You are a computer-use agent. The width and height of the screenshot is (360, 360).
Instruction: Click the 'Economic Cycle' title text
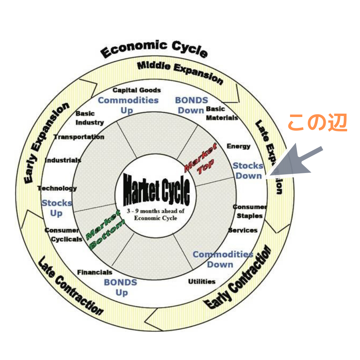(154, 49)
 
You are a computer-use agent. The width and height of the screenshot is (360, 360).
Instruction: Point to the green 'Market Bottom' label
(104, 230)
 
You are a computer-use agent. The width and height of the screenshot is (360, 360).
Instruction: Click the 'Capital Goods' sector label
(137, 90)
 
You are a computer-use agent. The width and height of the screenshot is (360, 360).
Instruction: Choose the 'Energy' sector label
(238, 146)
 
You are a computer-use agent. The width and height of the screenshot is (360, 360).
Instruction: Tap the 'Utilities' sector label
(202, 282)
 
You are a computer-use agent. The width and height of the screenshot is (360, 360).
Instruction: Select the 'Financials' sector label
(95, 272)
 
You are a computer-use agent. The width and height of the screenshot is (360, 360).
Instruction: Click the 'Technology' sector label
(57, 188)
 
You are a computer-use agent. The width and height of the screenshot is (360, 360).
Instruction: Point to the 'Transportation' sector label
(79, 137)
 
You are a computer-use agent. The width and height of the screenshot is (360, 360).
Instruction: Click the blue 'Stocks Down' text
(248, 171)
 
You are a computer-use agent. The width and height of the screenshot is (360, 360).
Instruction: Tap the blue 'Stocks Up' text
(57, 208)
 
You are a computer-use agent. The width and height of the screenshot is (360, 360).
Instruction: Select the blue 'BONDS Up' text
(121, 287)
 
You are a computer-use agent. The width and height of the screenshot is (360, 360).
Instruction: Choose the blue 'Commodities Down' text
(223, 259)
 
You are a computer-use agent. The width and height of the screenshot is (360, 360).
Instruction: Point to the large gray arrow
(295, 162)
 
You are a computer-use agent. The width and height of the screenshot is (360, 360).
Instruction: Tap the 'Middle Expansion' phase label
(180, 71)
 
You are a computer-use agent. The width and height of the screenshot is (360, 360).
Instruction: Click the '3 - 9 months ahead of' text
(156, 211)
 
